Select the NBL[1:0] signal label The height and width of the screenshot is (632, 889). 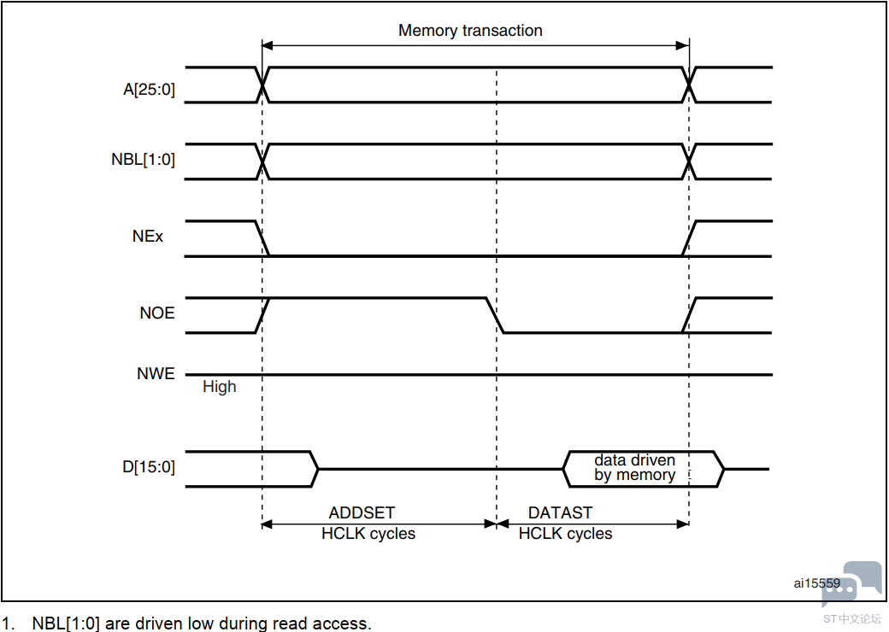click(x=143, y=160)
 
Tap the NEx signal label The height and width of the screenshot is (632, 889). click(x=148, y=237)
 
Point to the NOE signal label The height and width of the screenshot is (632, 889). click(x=156, y=313)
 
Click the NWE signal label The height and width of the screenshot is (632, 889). click(x=156, y=373)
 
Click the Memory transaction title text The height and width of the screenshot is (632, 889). click(x=470, y=31)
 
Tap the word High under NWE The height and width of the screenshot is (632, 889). click(x=219, y=387)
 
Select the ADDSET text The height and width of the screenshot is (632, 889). click(x=362, y=512)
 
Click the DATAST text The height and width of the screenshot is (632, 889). click(x=560, y=512)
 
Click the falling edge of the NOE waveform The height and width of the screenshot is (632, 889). click(x=495, y=315)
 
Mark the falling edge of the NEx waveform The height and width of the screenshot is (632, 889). click(x=262, y=238)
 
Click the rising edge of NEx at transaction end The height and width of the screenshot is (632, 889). click(x=689, y=238)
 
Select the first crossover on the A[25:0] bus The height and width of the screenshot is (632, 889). click(x=262, y=85)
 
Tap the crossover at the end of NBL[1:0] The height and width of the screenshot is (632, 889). click(x=689, y=161)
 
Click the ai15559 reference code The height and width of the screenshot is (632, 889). click(x=815, y=584)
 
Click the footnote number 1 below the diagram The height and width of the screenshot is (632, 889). click(x=8, y=623)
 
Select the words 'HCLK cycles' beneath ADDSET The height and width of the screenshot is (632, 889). click(x=368, y=534)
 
